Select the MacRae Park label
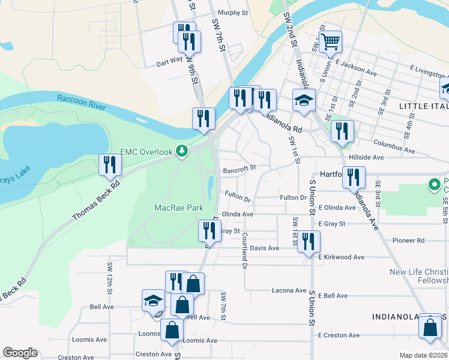[179, 208]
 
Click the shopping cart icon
[330, 42]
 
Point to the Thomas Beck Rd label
[97, 200]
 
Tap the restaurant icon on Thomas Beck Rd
[109, 164]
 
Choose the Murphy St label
[233, 13]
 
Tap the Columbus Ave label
[394, 145]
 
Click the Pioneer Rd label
[408, 241]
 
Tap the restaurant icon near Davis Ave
[309, 241]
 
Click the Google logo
[20, 353]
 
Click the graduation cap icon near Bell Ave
[153, 300]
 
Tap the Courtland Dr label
[245, 247]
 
